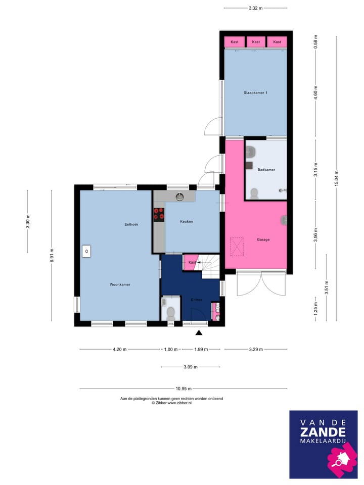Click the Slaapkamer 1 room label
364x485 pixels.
point(256,92)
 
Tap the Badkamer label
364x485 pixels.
point(266,170)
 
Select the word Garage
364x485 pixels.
point(263,239)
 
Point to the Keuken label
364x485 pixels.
point(187,221)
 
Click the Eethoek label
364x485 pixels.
point(131,224)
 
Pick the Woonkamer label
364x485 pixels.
point(120,284)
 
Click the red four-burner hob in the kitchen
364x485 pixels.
point(159,214)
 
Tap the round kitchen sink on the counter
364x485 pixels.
point(179,196)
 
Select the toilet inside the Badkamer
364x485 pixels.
point(254,192)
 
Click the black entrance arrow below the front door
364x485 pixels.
point(199,332)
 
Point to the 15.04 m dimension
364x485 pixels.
point(336,178)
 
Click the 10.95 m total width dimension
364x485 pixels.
point(183,389)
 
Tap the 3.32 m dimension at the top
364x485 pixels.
point(256,8)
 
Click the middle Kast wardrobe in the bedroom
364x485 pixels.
point(256,42)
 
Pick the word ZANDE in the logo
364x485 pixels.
point(323,432)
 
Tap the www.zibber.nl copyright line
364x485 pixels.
point(171,403)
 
